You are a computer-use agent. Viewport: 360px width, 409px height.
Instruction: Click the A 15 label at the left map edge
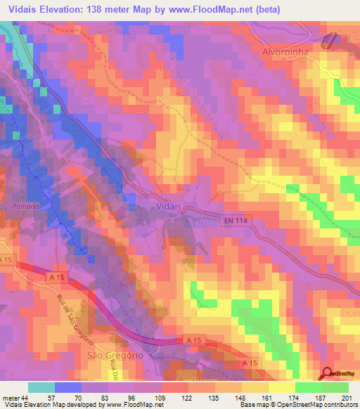[x=7, y=261]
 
